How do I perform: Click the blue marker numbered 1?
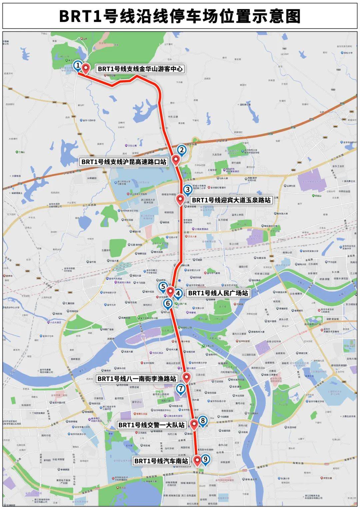[78, 65]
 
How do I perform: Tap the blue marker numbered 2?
[182, 150]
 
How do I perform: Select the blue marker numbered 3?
[188, 190]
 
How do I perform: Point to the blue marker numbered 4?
[178, 294]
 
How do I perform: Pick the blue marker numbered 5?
[163, 286]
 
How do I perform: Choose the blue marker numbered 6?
[168, 303]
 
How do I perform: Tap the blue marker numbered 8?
[203, 421]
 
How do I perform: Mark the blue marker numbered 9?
[205, 459]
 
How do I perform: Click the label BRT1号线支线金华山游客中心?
[140, 69]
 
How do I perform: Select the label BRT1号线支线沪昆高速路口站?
[124, 162]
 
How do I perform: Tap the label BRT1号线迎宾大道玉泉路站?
[231, 200]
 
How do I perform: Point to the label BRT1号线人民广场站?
[218, 293]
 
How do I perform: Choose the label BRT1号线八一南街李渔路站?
[137, 379]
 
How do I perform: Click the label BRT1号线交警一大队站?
[152, 425]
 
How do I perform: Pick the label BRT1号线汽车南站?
[161, 461]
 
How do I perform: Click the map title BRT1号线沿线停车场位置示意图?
[180, 16]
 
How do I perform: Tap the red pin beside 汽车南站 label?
[197, 460]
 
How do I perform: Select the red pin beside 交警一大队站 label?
[194, 424]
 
